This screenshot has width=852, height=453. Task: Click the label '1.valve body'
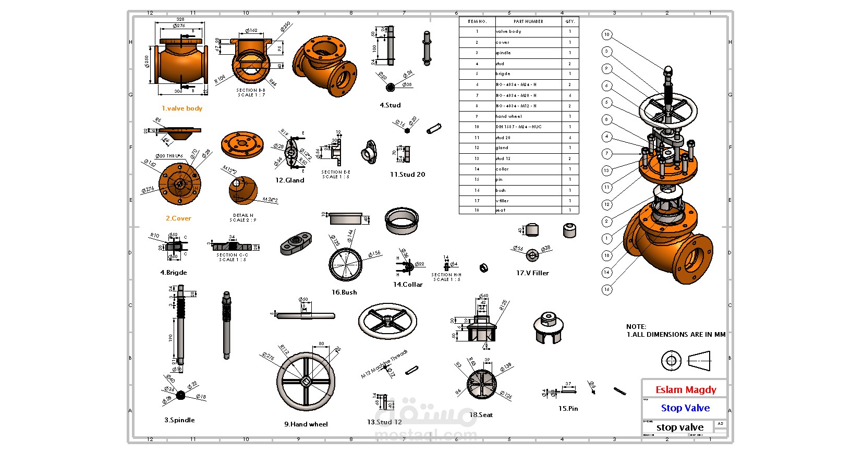[181, 108]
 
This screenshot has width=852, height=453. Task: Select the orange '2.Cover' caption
[178, 218]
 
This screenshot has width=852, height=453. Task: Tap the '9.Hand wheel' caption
[306, 424]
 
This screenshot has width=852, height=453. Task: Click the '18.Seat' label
[481, 415]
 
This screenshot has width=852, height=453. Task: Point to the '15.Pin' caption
[568, 409]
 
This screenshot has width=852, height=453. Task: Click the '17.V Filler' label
[532, 273]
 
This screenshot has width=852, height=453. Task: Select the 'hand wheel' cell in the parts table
[508, 116]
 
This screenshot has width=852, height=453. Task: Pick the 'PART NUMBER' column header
[528, 21]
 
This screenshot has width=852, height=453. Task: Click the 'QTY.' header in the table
[570, 21]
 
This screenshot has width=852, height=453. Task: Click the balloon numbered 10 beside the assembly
[606, 35]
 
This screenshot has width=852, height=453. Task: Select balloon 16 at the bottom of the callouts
[606, 289]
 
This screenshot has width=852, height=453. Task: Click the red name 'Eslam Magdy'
[685, 390]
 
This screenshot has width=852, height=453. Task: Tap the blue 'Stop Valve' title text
[685, 408]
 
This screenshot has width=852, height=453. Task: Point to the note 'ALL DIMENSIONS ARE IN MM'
[678, 335]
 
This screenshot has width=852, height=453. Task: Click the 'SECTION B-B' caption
[251, 90]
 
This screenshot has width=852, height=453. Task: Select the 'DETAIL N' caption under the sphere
[243, 215]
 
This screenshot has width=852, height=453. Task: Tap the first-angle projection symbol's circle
[671, 361]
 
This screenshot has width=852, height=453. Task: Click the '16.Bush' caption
[344, 292]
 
